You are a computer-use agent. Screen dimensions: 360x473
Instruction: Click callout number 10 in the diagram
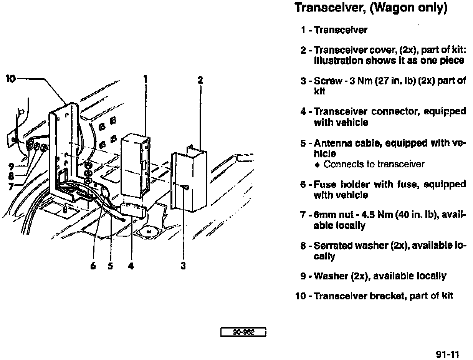pyautogui.click(x=10, y=79)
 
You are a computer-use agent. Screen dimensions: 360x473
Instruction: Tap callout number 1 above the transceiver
pyautogui.click(x=146, y=80)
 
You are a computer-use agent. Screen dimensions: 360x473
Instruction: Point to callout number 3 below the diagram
pyautogui.click(x=183, y=265)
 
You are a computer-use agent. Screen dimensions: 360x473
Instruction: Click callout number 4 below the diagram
pyautogui.click(x=131, y=265)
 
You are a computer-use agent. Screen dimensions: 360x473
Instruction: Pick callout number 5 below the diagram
pyautogui.click(x=111, y=265)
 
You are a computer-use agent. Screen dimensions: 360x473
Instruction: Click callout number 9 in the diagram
pyautogui.click(x=11, y=167)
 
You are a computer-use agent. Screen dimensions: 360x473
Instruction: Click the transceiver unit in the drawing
pyautogui.click(x=135, y=165)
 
